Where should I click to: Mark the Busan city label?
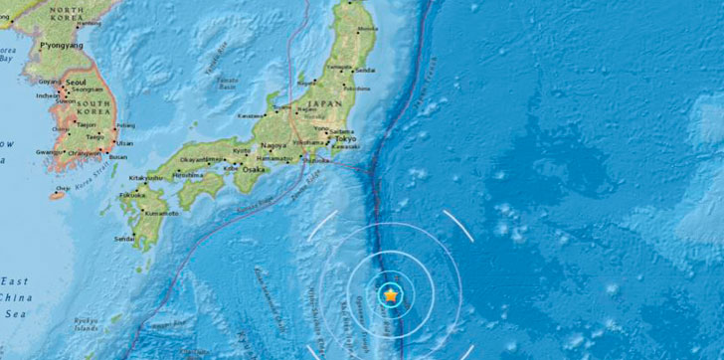(117, 156)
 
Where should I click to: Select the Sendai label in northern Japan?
(365, 72)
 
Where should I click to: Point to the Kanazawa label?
(250, 115)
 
